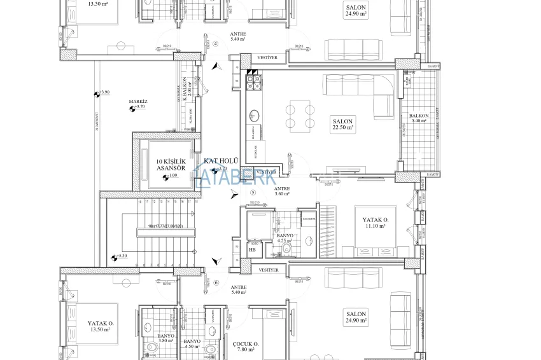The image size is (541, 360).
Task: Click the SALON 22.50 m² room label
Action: click(x=343, y=123)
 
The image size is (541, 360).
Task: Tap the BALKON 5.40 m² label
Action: click(x=419, y=118)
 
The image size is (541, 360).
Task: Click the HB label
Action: click(x=253, y=249)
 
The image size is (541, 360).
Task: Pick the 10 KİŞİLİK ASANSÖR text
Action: click(x=171, y=165)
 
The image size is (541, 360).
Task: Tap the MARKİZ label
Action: click(x=138, y=101)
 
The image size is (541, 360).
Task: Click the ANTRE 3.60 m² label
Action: click(x=281, y=191)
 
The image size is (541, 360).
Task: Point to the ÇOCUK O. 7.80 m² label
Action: click(x=245, y=346)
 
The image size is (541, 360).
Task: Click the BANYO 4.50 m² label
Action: click(x=192, y=343)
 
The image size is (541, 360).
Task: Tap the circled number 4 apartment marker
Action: click(x=215, y=44)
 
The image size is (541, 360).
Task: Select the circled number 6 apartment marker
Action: click(x=216, y=283)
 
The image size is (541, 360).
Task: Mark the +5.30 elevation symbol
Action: click(x=115, y=257)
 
